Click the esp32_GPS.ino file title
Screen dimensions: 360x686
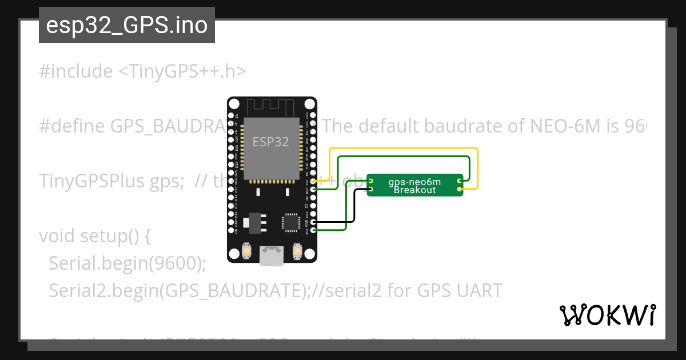pos(126,25)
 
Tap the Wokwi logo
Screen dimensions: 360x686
pos(608,315)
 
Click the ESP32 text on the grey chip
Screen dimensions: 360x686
pos(271,142)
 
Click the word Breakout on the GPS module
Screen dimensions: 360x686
pos(414,190)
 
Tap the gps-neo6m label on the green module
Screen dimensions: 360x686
pos(414,182)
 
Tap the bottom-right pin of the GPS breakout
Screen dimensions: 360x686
pos(460,187)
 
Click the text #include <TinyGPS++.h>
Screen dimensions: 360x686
pos(142,71)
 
